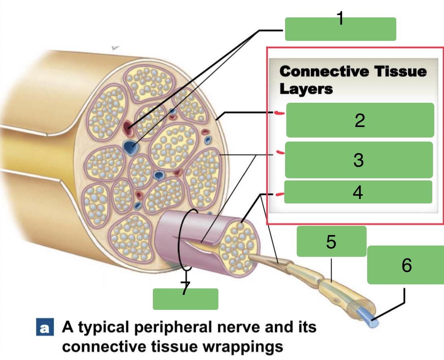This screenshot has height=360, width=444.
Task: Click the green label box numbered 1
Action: click(x=340, y=29)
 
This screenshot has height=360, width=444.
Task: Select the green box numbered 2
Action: click(x=360, y=120)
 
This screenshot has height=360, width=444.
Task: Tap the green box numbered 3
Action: click(x=359, y=160)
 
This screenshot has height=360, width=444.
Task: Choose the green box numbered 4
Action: click(x=358, y=192)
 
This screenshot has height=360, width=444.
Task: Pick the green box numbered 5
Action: click(x=331, y=241)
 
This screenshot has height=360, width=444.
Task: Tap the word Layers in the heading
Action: click(x=306, y=89)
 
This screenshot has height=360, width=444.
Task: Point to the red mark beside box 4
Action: click(x=279, y=195)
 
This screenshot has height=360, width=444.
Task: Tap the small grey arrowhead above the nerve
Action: click(x=115, y=48)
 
